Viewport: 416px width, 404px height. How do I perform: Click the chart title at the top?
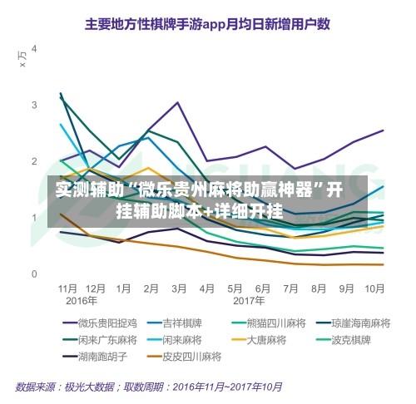207,24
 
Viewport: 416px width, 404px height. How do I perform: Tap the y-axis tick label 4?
34,49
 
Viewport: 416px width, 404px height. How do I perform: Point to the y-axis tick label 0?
34,274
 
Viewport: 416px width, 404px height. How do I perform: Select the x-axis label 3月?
179,288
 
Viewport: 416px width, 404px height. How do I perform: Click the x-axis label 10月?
374,288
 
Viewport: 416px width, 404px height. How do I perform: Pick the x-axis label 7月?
290,288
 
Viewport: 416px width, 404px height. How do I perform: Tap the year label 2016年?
82,301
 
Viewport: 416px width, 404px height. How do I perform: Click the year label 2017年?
249,301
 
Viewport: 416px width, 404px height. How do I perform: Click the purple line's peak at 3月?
178,102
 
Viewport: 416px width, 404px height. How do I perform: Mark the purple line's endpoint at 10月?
384,131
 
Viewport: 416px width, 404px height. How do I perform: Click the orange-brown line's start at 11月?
61,214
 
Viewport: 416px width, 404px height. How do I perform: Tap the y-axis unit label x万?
22,59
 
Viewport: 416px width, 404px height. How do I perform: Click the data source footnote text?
149,387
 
